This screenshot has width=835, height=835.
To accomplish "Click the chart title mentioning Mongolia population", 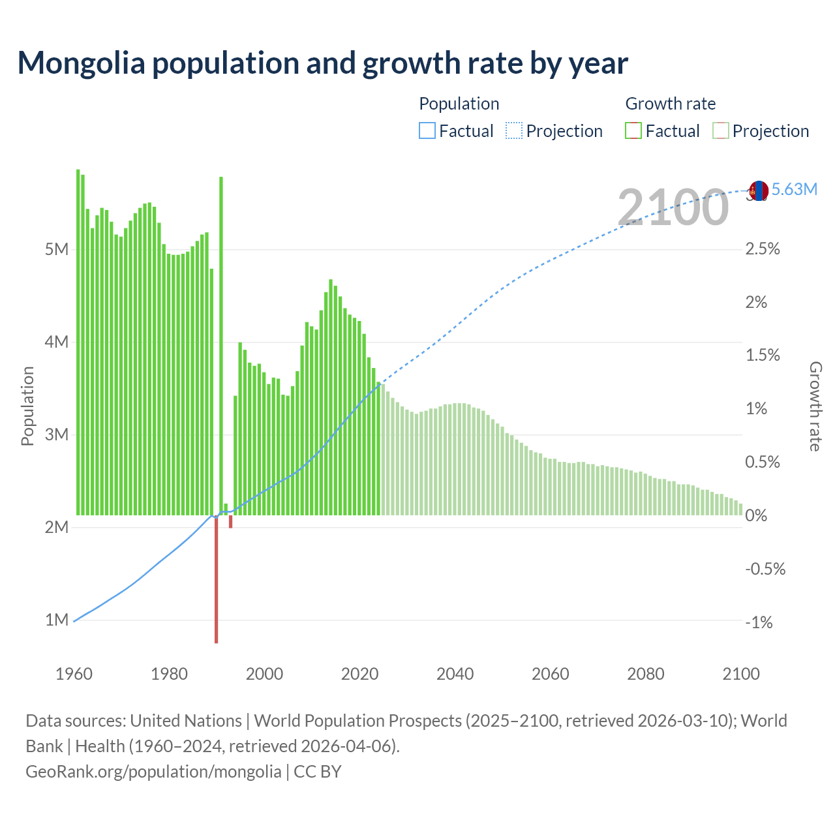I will coord(322,63).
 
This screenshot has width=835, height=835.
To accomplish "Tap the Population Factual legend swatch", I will coord(427,131).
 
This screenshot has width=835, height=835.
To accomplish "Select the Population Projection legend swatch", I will coord(513,131).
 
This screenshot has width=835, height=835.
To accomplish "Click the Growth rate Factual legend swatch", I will coord(633,131).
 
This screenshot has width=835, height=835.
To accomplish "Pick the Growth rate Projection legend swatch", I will coord(720,131).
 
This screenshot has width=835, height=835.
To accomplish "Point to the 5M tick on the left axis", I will coord(57,250).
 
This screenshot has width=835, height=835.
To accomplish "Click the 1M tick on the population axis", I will coord(57,620).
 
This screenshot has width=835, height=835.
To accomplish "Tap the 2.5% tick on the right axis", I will coord(763,249).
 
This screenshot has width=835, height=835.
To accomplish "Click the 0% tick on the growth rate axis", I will coord(756,515).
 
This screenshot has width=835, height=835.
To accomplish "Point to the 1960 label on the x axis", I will coord(74,674).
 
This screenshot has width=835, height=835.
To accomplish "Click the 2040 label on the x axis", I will coord(455,674).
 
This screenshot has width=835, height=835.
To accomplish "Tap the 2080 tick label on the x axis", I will coord(645,674).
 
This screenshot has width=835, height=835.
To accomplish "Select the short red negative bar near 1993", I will coord(230,521).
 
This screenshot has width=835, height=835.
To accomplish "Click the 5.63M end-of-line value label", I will coord(794,190).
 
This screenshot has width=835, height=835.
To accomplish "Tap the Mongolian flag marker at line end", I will coord(758,191).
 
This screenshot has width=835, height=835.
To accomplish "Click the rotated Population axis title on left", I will coord(27,406).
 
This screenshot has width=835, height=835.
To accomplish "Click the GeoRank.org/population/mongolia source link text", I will coord(153,772).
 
